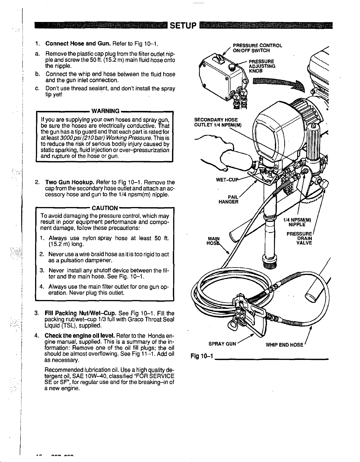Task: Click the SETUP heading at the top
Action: coord(183,27)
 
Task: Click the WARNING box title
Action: coord(105,111)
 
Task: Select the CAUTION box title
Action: coord(104,208)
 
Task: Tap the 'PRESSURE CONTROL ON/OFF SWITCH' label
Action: coord(258,48)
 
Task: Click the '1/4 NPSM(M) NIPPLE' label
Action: coord(297,222)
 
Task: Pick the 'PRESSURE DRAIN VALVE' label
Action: coord(300,238)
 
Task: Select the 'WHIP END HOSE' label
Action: coord(284,345)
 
